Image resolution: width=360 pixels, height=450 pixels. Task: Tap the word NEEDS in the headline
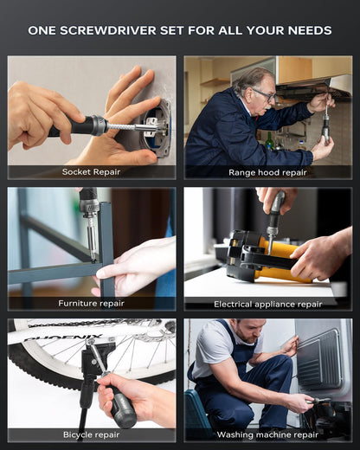[308, 30]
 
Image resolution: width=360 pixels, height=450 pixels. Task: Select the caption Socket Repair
[91, 172]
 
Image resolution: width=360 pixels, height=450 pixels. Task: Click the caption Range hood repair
[267, 172]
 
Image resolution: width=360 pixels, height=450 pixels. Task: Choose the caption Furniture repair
[91, 304]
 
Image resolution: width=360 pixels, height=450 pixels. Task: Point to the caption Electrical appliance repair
[267, 304]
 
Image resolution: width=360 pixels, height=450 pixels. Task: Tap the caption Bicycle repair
[91, 434]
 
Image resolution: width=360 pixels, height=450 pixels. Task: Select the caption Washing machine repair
[267, 434]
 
